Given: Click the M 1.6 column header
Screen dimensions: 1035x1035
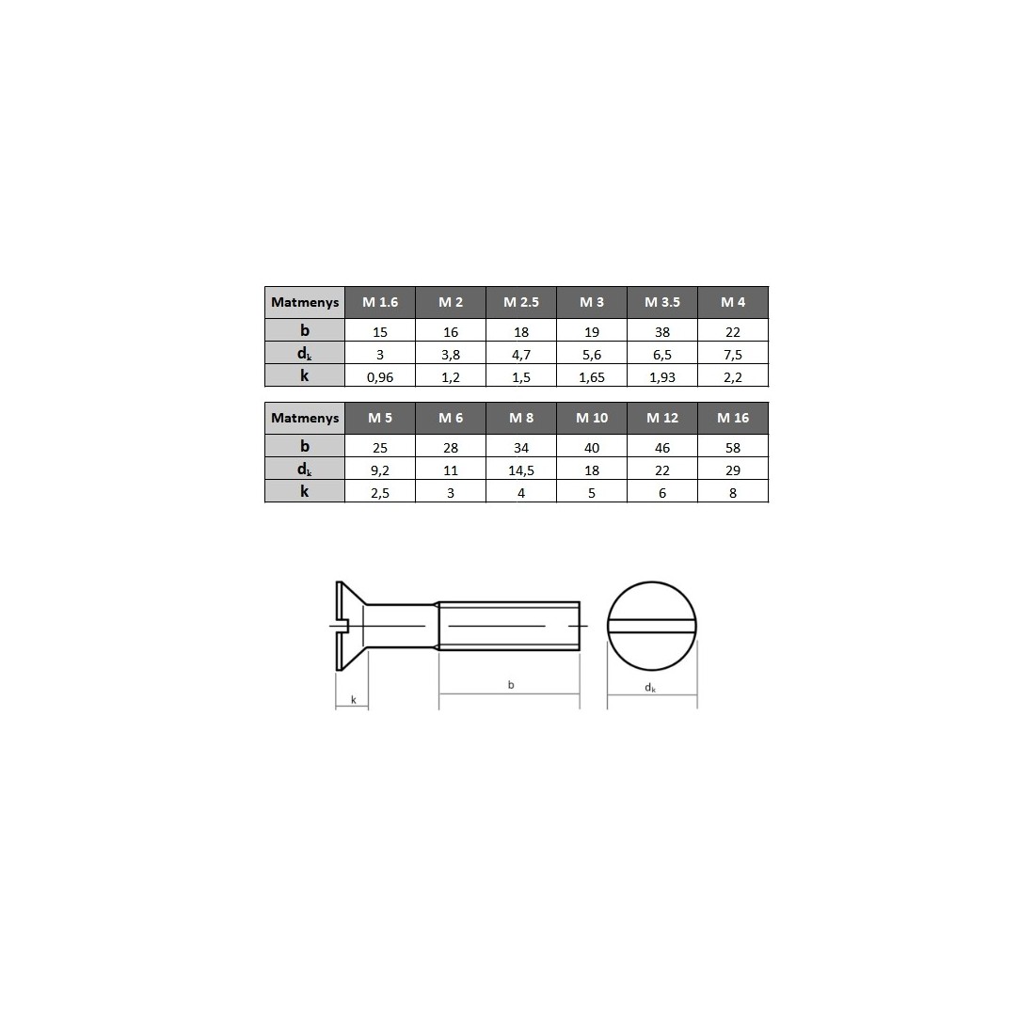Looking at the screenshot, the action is [380, 302].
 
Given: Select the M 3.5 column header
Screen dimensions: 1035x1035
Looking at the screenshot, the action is [662, 302].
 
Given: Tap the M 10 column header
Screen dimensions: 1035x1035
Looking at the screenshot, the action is [592, 418].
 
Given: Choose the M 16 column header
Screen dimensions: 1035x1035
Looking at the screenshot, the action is [733, 418].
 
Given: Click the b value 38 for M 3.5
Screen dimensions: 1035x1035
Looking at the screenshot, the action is [662, 332].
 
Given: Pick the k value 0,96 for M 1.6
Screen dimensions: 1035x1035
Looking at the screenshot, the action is [380, 377].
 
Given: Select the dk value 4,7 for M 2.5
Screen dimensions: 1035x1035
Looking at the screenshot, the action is [521, 355].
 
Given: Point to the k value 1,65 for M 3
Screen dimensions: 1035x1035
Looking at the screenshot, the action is [592, 377].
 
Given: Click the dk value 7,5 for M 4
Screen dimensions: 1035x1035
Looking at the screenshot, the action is [733, 355].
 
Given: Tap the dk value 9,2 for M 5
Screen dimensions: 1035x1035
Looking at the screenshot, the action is [380, 470].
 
